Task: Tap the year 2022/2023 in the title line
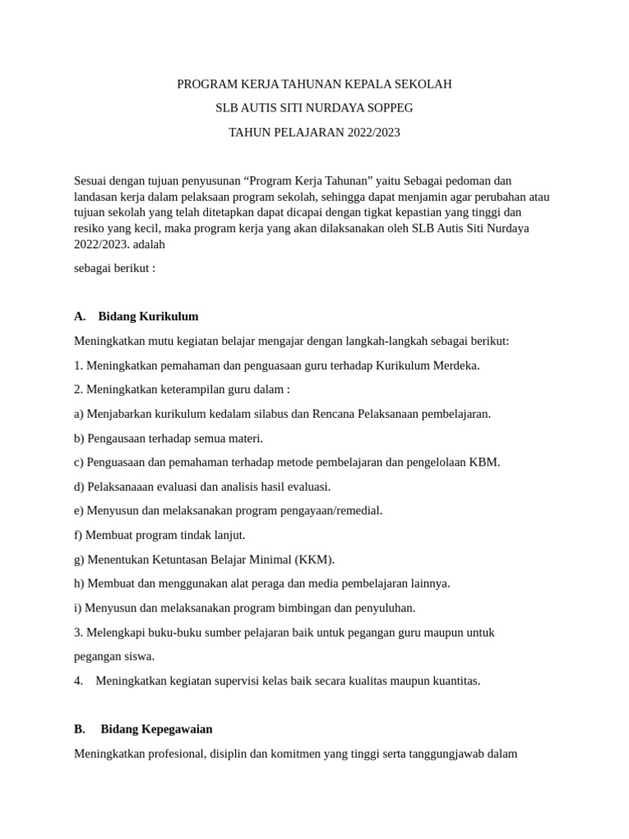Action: pos(372,132)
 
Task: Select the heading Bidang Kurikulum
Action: pos(148,316)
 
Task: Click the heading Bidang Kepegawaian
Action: pos(156,728)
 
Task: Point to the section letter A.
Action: pos(79,316)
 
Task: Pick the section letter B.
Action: pos(79,728)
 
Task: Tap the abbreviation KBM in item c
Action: pos(484,462)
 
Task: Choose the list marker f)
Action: pos(79,535)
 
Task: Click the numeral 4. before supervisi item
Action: pos(79,681)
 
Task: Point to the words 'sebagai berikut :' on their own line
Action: pos(115,268)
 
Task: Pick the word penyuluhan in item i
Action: pos(386,608)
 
